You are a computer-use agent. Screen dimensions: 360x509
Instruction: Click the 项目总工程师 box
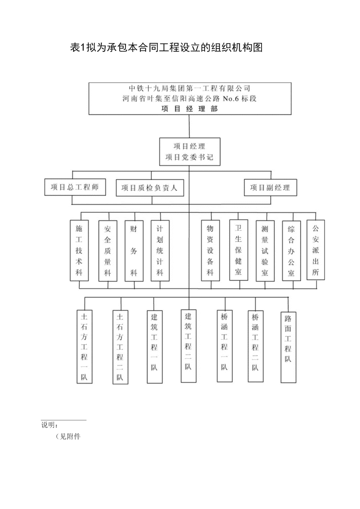pyautogui.click(x=75, y=187)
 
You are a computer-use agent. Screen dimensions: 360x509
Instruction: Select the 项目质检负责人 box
pyautogui.click(x=150, y=188)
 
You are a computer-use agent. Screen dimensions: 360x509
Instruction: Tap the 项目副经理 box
pyautogui.click(x=270, y=187)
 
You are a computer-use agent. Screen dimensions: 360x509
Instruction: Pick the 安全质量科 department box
pyautogui.click(x=108, y=251)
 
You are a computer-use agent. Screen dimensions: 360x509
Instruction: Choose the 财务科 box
pyautogui.click(x=134, y=251)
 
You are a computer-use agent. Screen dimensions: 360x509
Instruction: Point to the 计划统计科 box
pyautogui.click(x=160, y=251)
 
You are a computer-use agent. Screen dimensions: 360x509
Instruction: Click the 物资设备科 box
pyautogui.click(x=210, y=250)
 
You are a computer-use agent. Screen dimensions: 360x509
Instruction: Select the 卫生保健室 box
pyautogui.click(x=238, y=250)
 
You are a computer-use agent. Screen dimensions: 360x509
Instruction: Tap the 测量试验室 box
pyautogui.click(x=265, y=251)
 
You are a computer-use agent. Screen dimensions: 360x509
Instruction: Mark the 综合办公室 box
pyautogui.click(x=291, y=251)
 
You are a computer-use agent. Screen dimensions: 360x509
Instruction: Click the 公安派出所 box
pyautogui.click(x=316, y=250)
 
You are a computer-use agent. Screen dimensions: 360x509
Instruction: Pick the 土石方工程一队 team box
pyautogui.click(x=84, y=347)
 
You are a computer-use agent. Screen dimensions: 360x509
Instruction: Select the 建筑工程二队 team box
pyautogui.click(x=188, y=346)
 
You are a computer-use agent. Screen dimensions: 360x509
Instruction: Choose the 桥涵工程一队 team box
pyautogui.click(x=225, y=346)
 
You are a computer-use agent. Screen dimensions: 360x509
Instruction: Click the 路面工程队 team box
pyautogui.click(x=288, y=347)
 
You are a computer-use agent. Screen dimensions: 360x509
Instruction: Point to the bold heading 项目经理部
pyautogui.click(x=189, y=109)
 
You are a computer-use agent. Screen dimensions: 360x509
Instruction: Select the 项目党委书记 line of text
pyautogui.click(x=189, y=157)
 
